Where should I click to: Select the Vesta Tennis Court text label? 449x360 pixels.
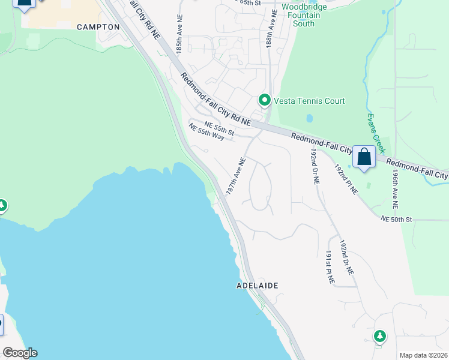tap(309, 101)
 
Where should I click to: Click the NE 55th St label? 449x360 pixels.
tap(219, 129)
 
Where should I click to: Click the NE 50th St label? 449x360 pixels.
tap(396, 220)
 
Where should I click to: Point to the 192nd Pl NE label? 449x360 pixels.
tap(346, 179)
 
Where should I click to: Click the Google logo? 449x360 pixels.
tap(20, 353)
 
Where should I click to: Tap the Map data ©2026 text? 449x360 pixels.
tap(423, 355)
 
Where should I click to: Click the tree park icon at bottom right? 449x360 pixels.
tap(379, 336)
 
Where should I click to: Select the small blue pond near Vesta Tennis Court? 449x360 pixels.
tap(309, 118)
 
